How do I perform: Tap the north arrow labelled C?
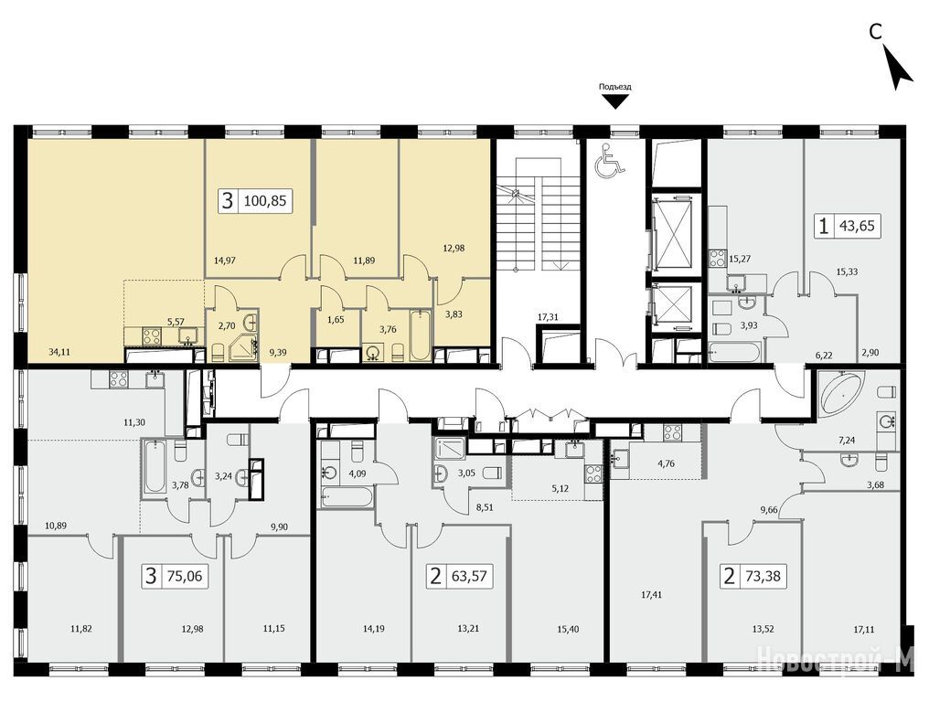pyautogui.click(x=896, y=68)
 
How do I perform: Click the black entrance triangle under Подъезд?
pyautogui.click(x=615, y=102)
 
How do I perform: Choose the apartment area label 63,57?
pyautogui.click(x=470, y=575)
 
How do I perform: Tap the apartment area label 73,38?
pyautogui.click(x=763, y=575)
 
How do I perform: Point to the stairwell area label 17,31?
pyautogui.click(x=548, y=317)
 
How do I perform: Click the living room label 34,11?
pyautogui.click(x=59, y=351)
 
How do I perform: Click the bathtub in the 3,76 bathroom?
pyautogui.click(x=420, y=336)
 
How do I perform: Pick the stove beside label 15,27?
pyautogui.click(x=718, y=259)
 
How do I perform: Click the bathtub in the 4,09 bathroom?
pyautogui.click(x=347, y=496)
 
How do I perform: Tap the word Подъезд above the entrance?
pyautogui.click(x=615, y=87)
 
